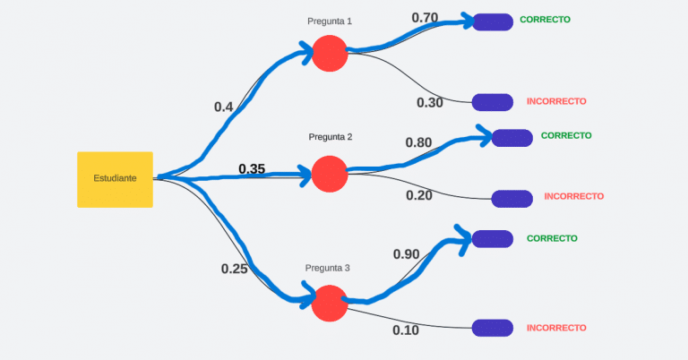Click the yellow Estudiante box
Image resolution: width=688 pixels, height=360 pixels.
coord(115,179)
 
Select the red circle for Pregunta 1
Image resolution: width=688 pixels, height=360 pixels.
coord(330,54)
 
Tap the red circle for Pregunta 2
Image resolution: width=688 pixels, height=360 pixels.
coord(329,173)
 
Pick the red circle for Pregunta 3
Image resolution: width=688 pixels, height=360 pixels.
coord(330,303)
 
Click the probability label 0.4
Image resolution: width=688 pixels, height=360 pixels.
coord(223,107)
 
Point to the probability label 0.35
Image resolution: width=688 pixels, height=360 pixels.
coord(252,169)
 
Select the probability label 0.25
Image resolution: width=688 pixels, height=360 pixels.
coord(234,269)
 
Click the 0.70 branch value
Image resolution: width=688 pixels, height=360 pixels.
coord(425,18)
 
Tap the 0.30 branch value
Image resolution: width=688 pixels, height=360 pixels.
coord(430,102)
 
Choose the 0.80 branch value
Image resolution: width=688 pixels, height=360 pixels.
coord(418,142)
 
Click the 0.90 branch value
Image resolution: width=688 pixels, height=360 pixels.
coord(406,254)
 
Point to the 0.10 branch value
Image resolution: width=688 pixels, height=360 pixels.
coord(406,330)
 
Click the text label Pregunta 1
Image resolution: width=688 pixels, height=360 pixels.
coord(330,21)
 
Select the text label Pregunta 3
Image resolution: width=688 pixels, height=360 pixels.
coord(328,268)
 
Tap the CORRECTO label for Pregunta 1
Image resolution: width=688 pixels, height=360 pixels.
coord(545,20)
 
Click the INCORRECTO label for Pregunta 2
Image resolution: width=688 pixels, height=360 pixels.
coord(573,196)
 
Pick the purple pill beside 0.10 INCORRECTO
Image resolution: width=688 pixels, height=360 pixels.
coord(492,328)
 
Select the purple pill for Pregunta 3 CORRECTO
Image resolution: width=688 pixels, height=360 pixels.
coord(492,238)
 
